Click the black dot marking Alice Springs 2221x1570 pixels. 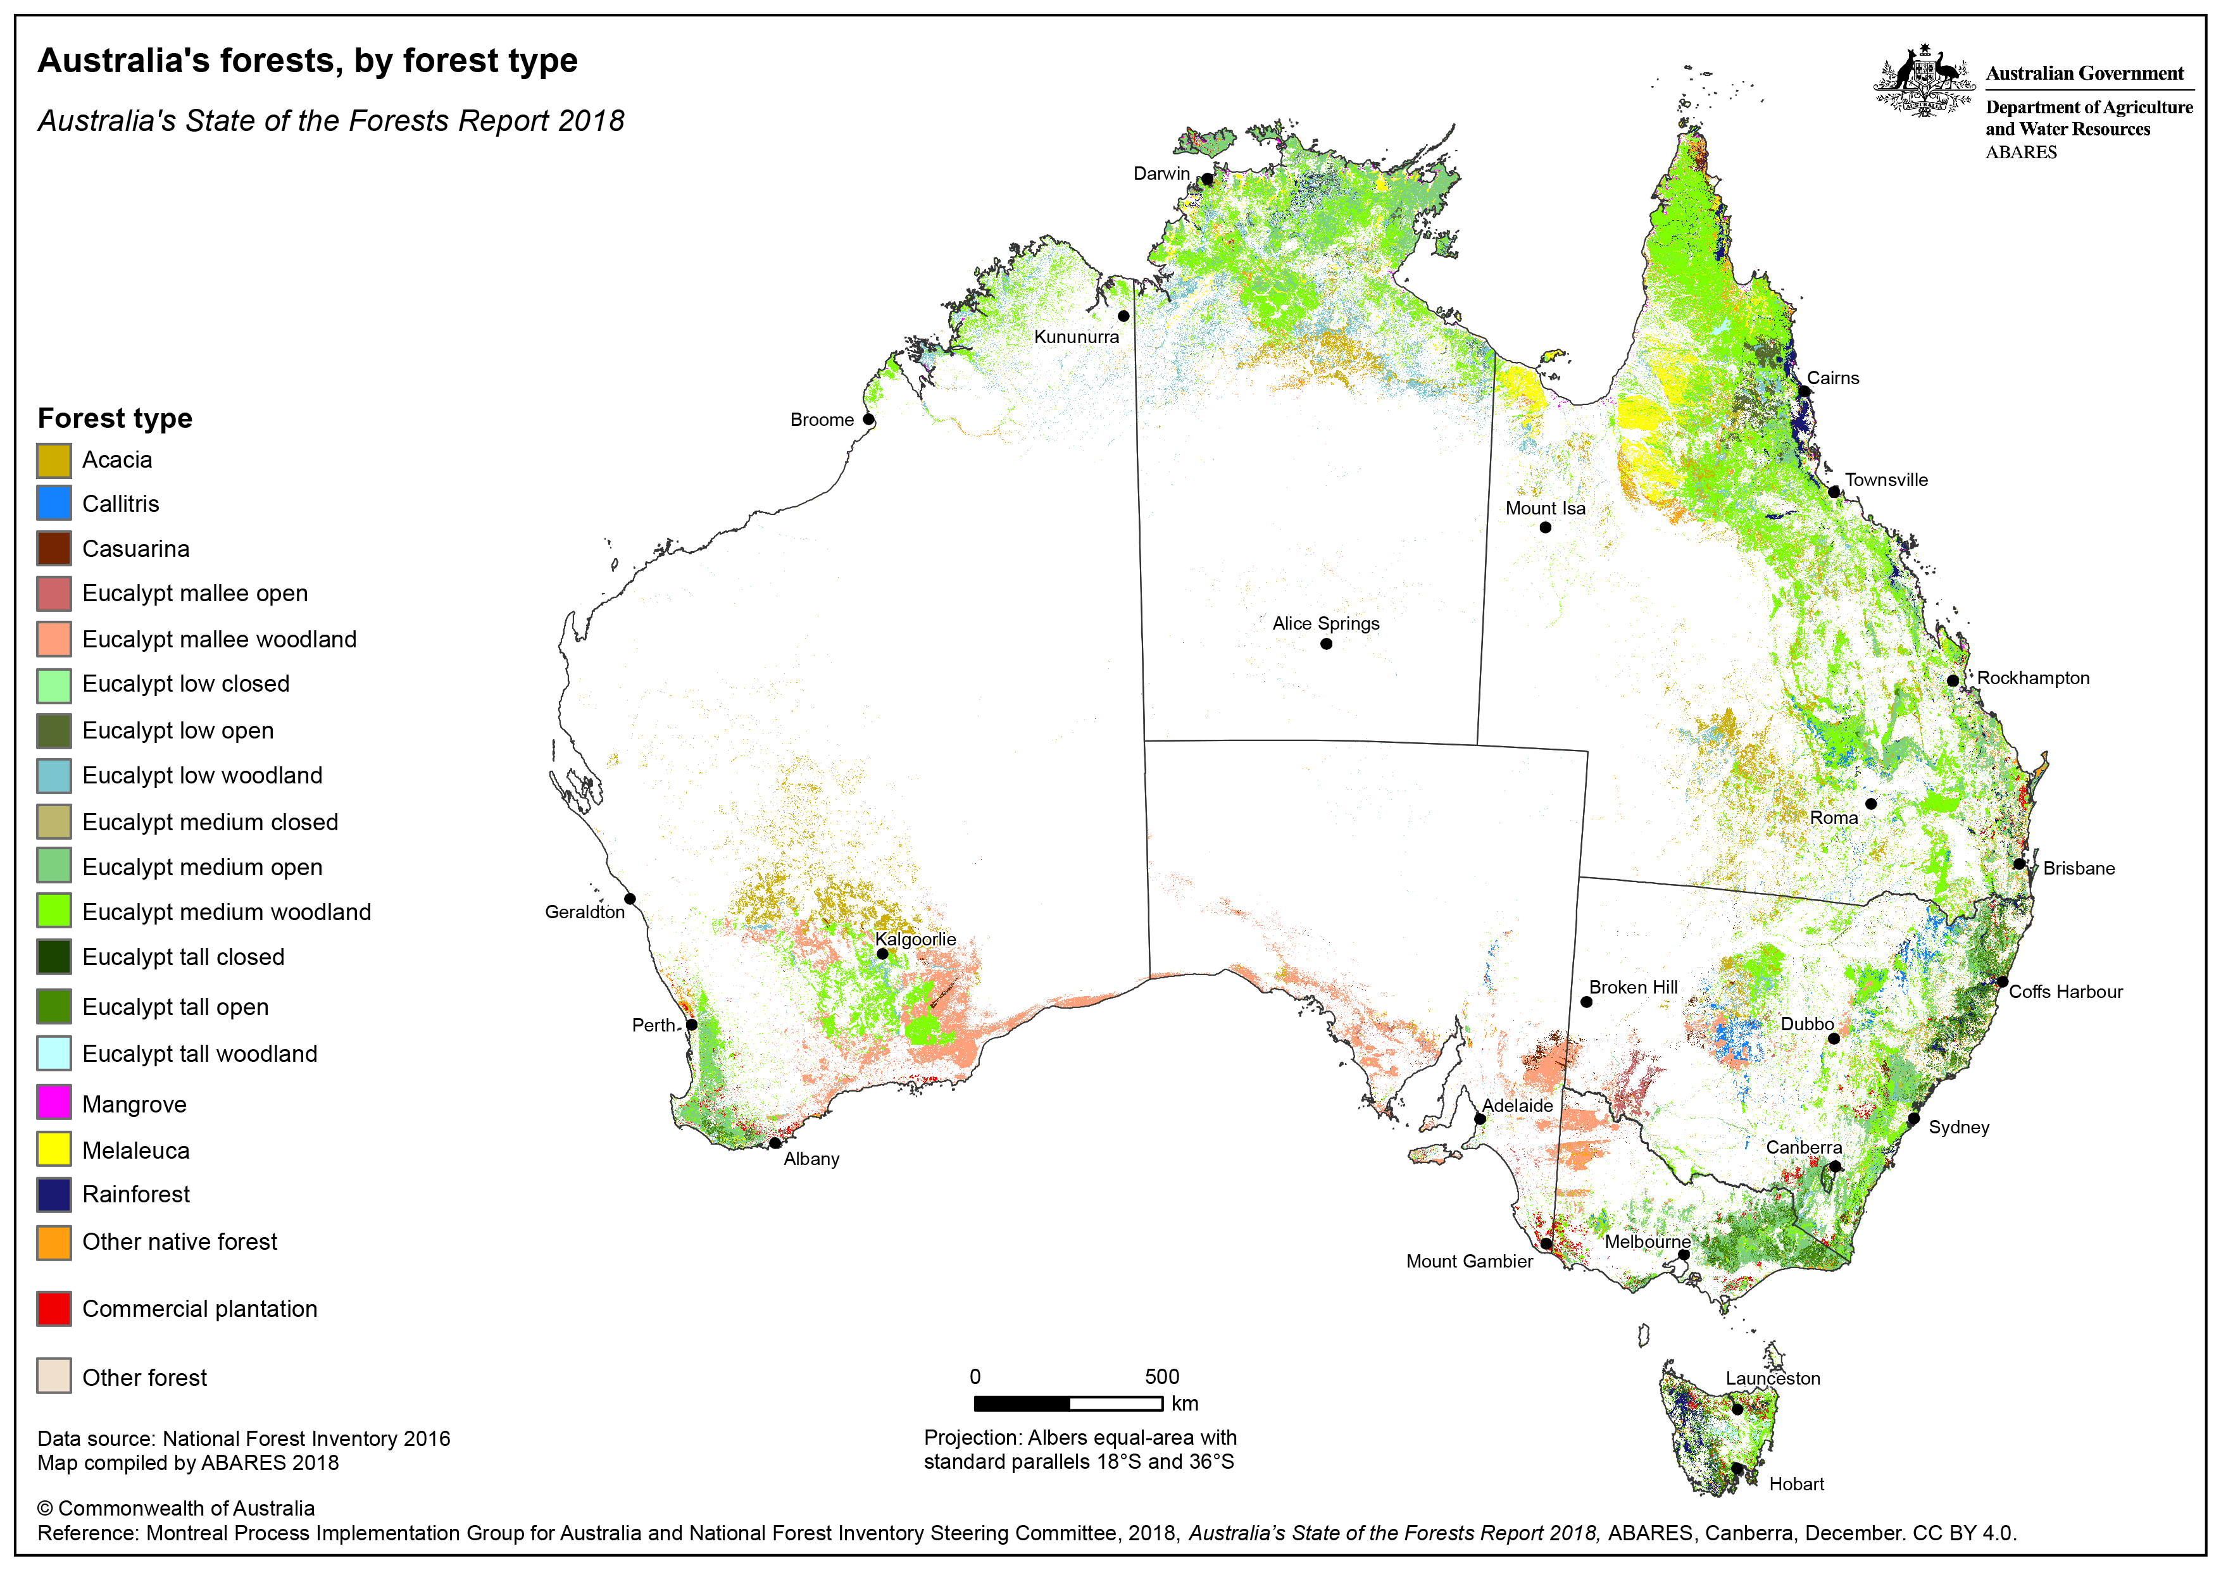pyautogui.click(x=1326, y=644)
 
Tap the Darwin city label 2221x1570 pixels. pyautogui.click(x=1161, y=173)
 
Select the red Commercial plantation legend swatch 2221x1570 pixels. pyautogui.click(x=54, y=1308)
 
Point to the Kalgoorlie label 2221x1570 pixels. pyautogui.click(x=915, y=938)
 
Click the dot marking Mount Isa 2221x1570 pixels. pyautogui.click(x=1545, y=527)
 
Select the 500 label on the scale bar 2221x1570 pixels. pyautogui.click(x=1162, y=1376)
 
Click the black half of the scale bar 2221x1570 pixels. pyautogui.click(x=1022, y=1403)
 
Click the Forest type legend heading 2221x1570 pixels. pyautogui.click(x=115, y=418)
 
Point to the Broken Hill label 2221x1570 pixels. pyautogui.click(x=1633, y=987)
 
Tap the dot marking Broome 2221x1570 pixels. pyautogui.click(x=868, y=420)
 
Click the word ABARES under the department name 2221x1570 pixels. pyautogui.click(x=2021, y=152)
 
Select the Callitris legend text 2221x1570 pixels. pyautogui.click(x=121, y=504)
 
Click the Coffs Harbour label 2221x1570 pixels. pyautogui.click(x=2065, y=992)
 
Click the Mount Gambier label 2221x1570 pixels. pyautogui.click(x=1468, y=1261)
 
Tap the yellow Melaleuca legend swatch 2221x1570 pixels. pyautogui.click(x=54, y=1149)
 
